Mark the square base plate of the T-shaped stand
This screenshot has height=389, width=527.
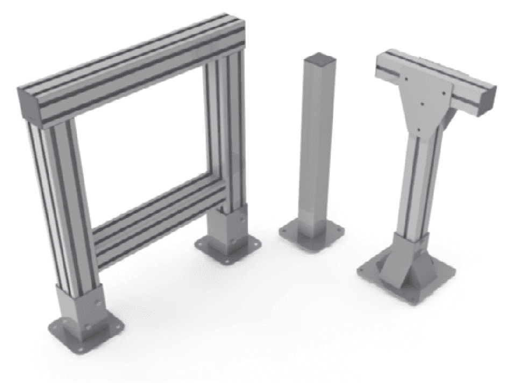[x=403, y=280]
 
